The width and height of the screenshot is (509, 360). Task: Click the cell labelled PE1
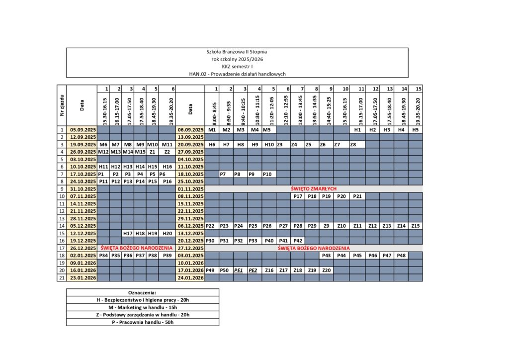click(239, 270)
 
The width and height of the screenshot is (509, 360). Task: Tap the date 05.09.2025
click(82, 130)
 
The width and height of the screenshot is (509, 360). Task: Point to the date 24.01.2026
click(191, 277)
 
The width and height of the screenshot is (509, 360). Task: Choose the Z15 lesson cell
click(416, 226)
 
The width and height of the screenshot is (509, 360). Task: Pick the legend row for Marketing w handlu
click(143, 307)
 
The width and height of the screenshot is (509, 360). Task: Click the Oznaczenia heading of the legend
click(143, 292)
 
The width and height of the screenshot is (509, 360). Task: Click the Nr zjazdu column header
click(62, 105)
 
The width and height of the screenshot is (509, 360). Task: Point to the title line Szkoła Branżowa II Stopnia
click(237, 52)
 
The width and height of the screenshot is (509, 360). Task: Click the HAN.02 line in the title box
click(237, 74)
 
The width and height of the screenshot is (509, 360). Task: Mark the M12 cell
click(103, 152)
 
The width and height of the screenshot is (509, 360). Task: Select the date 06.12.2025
click(191, 226)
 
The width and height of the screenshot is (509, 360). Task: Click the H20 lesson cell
click(168, 233)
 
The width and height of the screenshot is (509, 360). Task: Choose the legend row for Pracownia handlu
click(143, 322)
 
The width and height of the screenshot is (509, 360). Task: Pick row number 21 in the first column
click(62, 277)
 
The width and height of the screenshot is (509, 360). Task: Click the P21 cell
click(357, 196)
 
